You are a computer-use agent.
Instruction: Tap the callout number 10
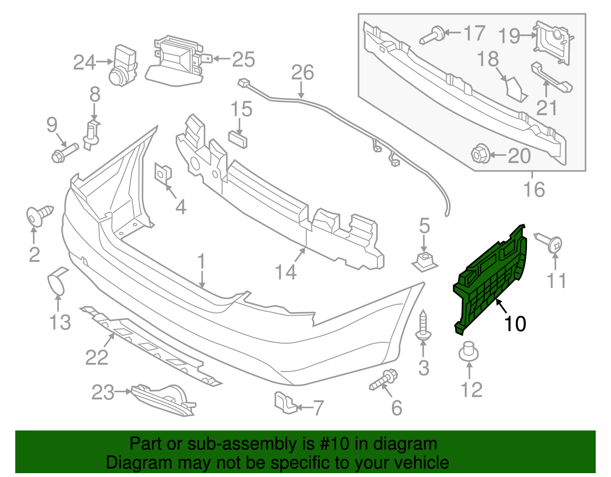(515, 324)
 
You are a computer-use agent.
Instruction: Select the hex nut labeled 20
(480, 154)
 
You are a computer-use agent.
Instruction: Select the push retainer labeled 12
(469, 351)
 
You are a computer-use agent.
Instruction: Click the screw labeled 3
(423, 327)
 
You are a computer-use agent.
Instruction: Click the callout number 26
(302, 73)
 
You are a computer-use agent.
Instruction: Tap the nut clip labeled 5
(424, 261)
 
